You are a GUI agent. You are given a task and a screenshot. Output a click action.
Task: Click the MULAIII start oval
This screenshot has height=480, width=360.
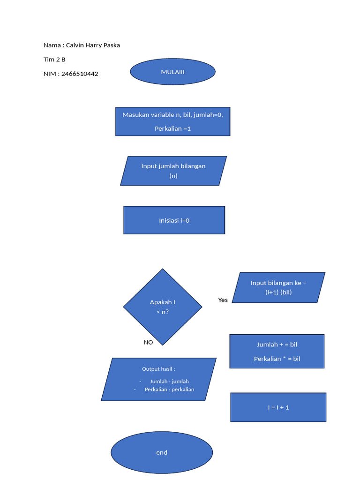(172, 72)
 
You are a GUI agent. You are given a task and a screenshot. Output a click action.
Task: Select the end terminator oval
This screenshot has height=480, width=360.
(162, 452)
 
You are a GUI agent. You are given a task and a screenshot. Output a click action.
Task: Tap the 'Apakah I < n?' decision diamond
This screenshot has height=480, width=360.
(163, 307)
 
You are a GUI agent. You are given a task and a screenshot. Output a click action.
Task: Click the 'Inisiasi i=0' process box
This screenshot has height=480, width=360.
(174, 220)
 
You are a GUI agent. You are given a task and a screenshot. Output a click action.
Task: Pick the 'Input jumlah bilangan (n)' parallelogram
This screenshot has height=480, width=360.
(173, 171)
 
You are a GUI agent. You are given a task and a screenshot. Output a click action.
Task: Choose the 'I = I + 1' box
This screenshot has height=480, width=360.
(278, 407)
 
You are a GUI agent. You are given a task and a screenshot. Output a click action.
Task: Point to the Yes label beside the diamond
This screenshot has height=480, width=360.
(223, 300)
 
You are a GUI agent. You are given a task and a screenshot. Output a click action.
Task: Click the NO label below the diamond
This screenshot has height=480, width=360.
(148, 342)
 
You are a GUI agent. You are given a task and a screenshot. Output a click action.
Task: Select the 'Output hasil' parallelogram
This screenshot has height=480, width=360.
(158, 379)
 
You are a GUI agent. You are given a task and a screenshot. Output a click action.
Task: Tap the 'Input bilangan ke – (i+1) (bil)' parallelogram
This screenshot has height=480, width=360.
(278, 287)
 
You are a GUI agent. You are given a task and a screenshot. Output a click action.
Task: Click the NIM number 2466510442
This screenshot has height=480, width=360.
(80, 74)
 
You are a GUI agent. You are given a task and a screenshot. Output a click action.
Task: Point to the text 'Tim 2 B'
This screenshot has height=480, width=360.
(54, 60)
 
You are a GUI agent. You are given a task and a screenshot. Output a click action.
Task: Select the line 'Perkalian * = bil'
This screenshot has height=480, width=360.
(277, 359)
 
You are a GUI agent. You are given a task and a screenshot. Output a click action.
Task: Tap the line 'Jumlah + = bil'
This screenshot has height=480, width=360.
(277, 345)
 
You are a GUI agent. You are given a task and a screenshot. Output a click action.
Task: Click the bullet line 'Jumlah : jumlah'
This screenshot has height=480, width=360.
(169, 382)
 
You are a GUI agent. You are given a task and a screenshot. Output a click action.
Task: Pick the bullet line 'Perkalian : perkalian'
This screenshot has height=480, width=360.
(169, 390)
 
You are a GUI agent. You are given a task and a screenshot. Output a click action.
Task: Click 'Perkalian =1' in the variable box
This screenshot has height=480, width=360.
(172, 128)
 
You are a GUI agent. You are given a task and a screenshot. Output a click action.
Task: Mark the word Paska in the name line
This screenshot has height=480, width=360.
(111, 45)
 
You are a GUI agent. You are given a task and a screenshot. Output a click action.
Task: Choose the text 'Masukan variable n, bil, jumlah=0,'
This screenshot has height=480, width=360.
(172, 115)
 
